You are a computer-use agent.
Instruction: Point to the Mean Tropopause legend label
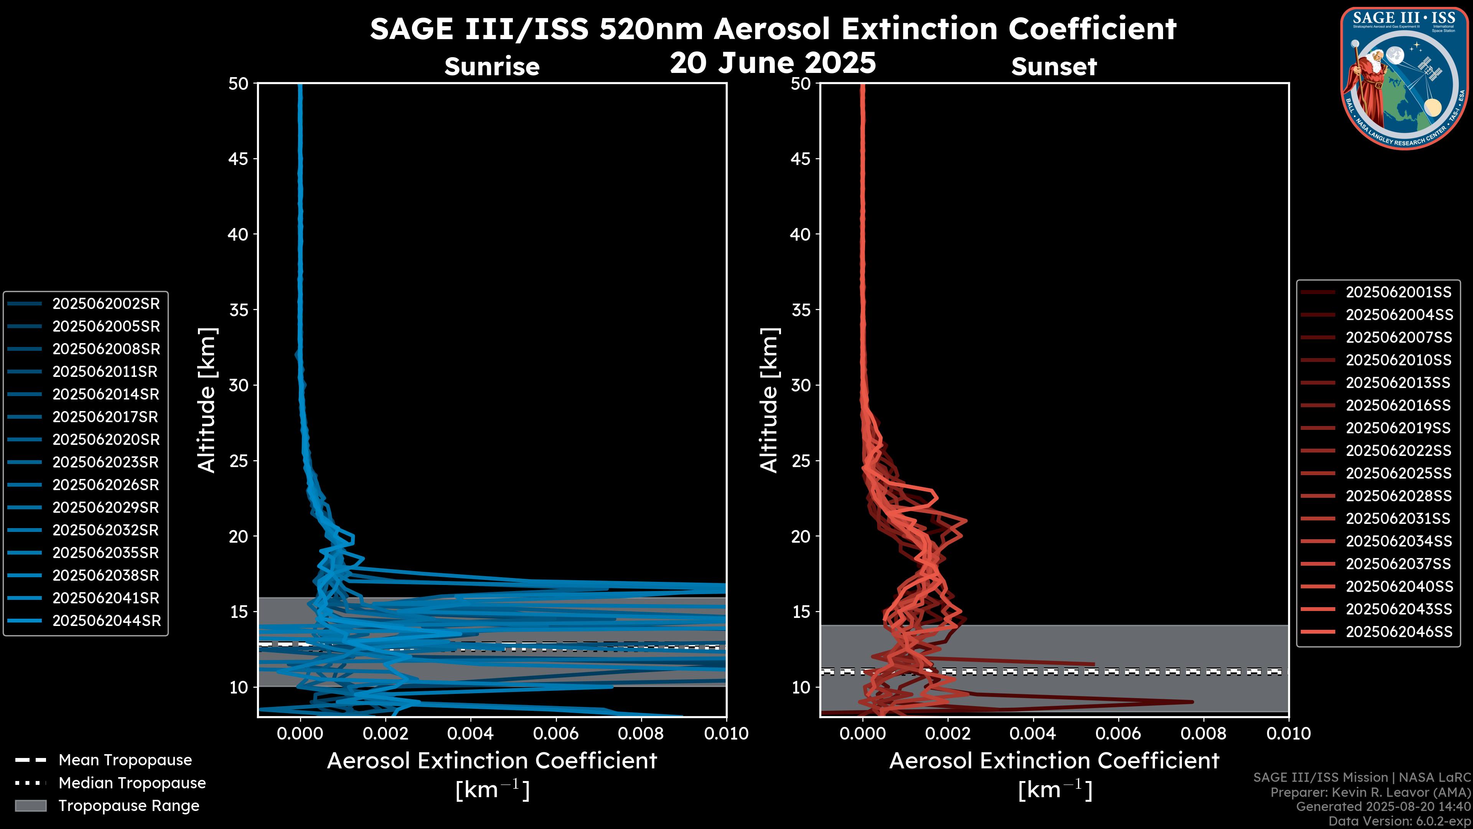[125, 760]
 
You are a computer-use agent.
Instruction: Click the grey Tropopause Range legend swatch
[31, 806]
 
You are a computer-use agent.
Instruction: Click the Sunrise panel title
[492, 67]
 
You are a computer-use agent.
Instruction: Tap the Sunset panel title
[1054, 67]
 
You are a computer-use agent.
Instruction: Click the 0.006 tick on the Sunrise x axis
[556, 733]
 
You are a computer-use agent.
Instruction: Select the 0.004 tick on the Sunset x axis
[1033, 733]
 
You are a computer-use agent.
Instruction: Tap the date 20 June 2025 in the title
[773, 63]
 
